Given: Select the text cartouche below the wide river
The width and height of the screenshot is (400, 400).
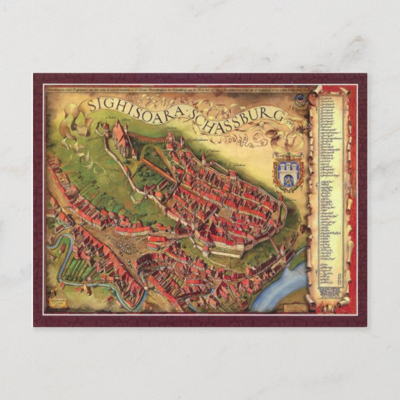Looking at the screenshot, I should coord(290,309).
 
